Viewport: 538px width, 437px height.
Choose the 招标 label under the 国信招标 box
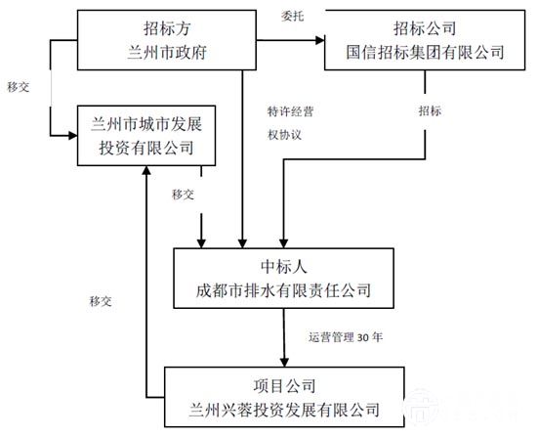430,110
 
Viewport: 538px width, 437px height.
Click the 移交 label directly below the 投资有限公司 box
183,194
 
